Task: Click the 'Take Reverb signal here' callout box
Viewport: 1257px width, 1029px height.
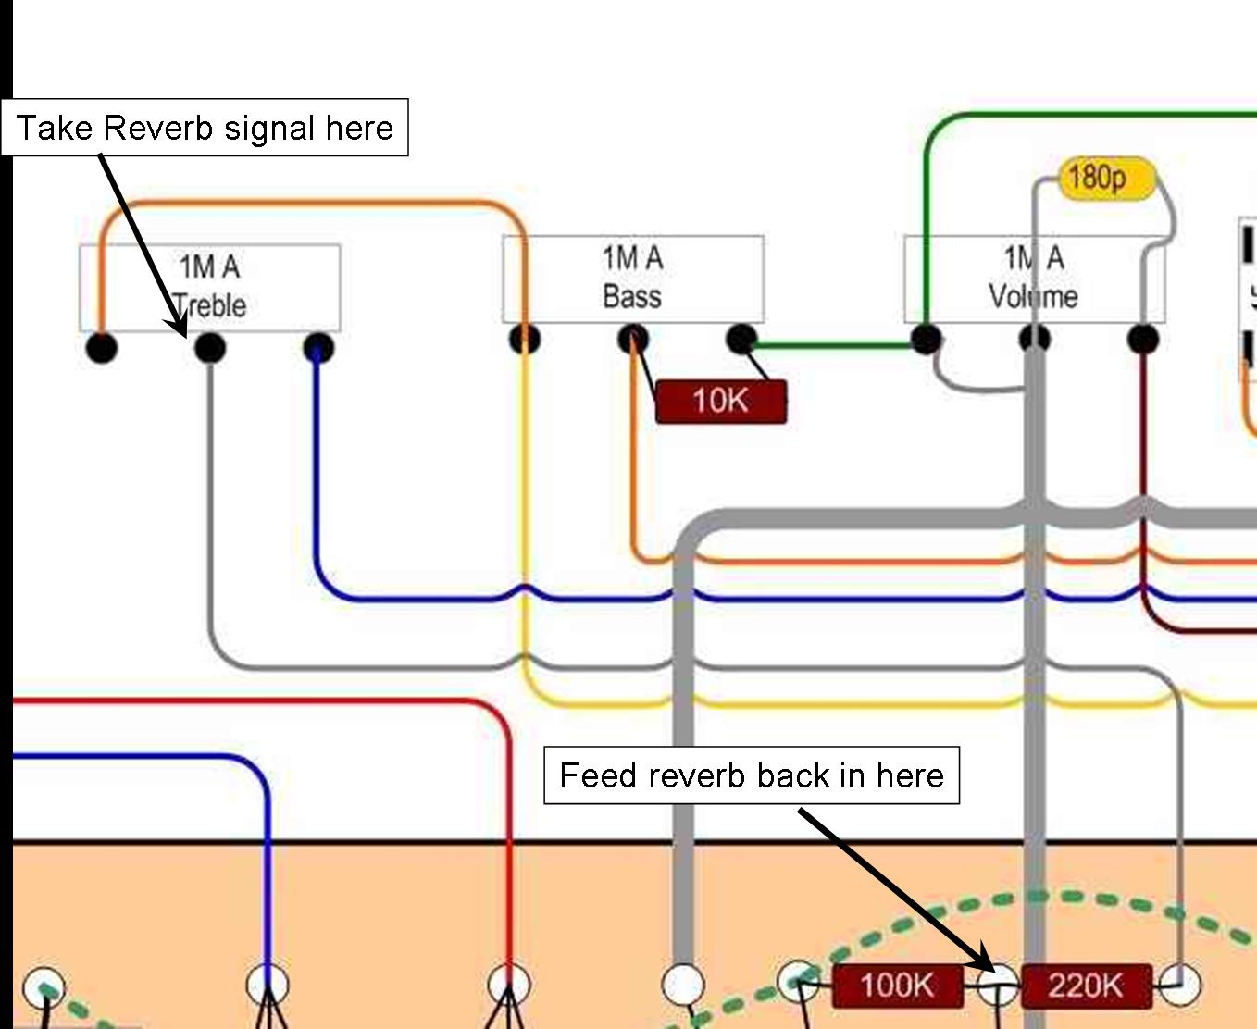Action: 205,127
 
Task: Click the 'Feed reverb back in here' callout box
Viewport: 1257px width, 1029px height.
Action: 751,775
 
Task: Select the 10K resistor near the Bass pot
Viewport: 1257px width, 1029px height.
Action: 720,402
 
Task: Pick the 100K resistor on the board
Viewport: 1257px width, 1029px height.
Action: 896,986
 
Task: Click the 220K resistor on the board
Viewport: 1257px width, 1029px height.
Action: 1086,986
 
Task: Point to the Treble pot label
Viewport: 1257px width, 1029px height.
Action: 210,286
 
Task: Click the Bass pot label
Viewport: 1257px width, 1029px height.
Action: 632,278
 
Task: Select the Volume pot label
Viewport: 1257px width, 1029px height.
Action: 1033,278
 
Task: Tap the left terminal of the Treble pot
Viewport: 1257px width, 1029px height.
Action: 102,348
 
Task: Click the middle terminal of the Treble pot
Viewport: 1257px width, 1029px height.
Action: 210,348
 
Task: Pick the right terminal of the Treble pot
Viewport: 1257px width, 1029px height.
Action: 318,348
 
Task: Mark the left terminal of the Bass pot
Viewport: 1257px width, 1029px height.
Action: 525,339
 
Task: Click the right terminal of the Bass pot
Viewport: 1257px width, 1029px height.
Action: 741,339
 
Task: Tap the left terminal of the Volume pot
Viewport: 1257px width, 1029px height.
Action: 926,339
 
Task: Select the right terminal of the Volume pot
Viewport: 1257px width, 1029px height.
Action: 1144,339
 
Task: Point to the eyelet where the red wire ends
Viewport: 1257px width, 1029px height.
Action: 508,985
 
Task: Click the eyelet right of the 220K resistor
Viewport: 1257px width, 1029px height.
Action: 1180,985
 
